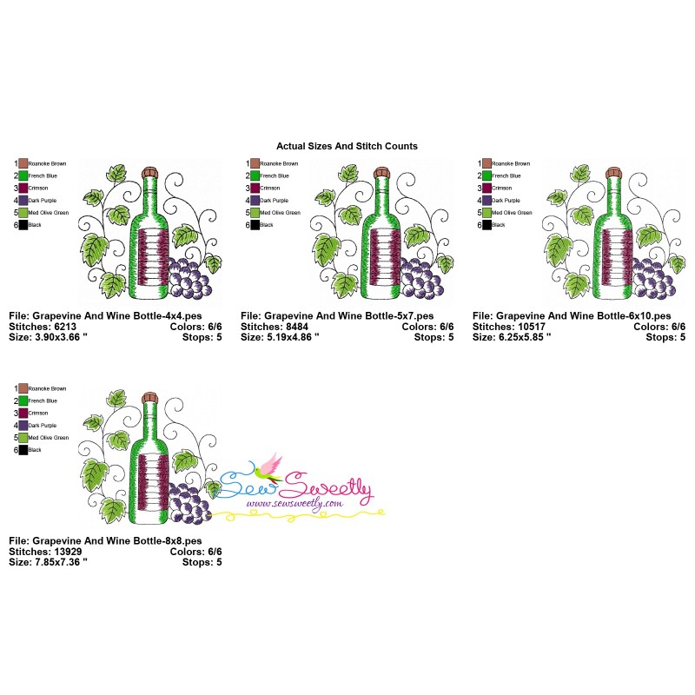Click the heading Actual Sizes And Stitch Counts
coord(347,146)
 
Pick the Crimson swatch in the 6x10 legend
coord(486,188)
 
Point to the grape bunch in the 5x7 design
coord(422,276)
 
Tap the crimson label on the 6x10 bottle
coord(612,258)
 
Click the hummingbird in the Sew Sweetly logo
coord(271,466)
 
